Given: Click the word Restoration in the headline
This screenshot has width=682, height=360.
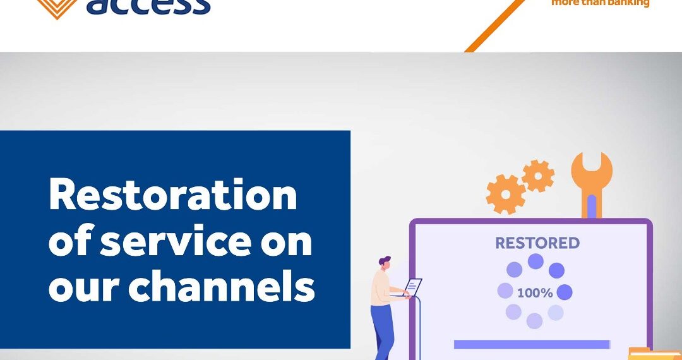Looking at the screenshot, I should click(x=172, y=195).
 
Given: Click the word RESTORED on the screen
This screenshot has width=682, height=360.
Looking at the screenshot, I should click(x=537, y=243).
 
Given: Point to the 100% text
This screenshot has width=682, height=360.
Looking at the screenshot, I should click(x=535, y=293).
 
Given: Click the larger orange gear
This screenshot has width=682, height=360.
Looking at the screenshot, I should click(x=505, y=194).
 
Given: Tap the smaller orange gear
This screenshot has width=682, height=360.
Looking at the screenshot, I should click(x=537, y=176).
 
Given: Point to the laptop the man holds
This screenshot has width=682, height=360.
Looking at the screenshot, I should click(x=410, y=287).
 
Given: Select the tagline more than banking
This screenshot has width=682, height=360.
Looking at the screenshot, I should click(x=600, y=3).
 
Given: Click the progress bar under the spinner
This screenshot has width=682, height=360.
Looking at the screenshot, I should click(x=532, y=344).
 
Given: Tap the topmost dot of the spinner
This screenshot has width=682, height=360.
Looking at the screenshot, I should click(x=535, y=261).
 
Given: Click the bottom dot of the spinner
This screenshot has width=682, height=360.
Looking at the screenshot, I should click(x=534, y=321).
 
